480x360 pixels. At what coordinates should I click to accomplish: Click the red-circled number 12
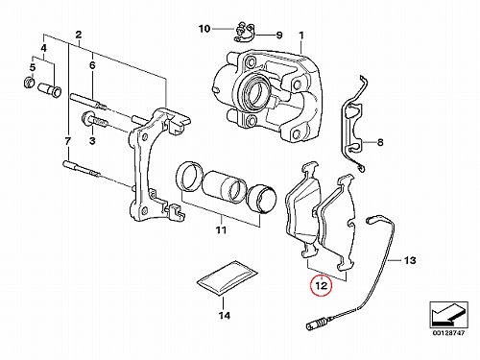coord(322,285)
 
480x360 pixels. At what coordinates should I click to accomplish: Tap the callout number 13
coord(410,260)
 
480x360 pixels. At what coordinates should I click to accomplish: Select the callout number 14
coord(225,316)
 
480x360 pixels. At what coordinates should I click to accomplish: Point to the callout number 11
coord(221,229)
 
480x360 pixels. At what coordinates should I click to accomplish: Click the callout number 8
coord(380,142)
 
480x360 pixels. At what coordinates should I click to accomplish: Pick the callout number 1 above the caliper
coord(301,36)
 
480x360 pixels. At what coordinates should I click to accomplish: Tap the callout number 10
coord(204,29)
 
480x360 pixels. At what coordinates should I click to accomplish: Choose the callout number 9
coord(279,35)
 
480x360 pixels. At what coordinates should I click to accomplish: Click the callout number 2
coord(79,35)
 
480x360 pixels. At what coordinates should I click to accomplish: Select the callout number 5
coord(33,68)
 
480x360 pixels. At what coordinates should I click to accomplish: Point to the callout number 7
coord(67,141)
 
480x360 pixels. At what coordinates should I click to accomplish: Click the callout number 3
coord(92,140)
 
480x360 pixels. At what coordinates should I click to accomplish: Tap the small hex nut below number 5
coord(30,82)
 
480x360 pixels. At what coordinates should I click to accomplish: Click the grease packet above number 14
coord(228,277)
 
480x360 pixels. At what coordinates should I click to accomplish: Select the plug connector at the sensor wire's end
coord(313,326)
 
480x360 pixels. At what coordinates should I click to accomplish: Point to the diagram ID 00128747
coord(448,333)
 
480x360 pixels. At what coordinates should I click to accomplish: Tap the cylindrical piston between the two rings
coord(226,187)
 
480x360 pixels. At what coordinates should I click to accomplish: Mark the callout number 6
coord(92,65)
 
